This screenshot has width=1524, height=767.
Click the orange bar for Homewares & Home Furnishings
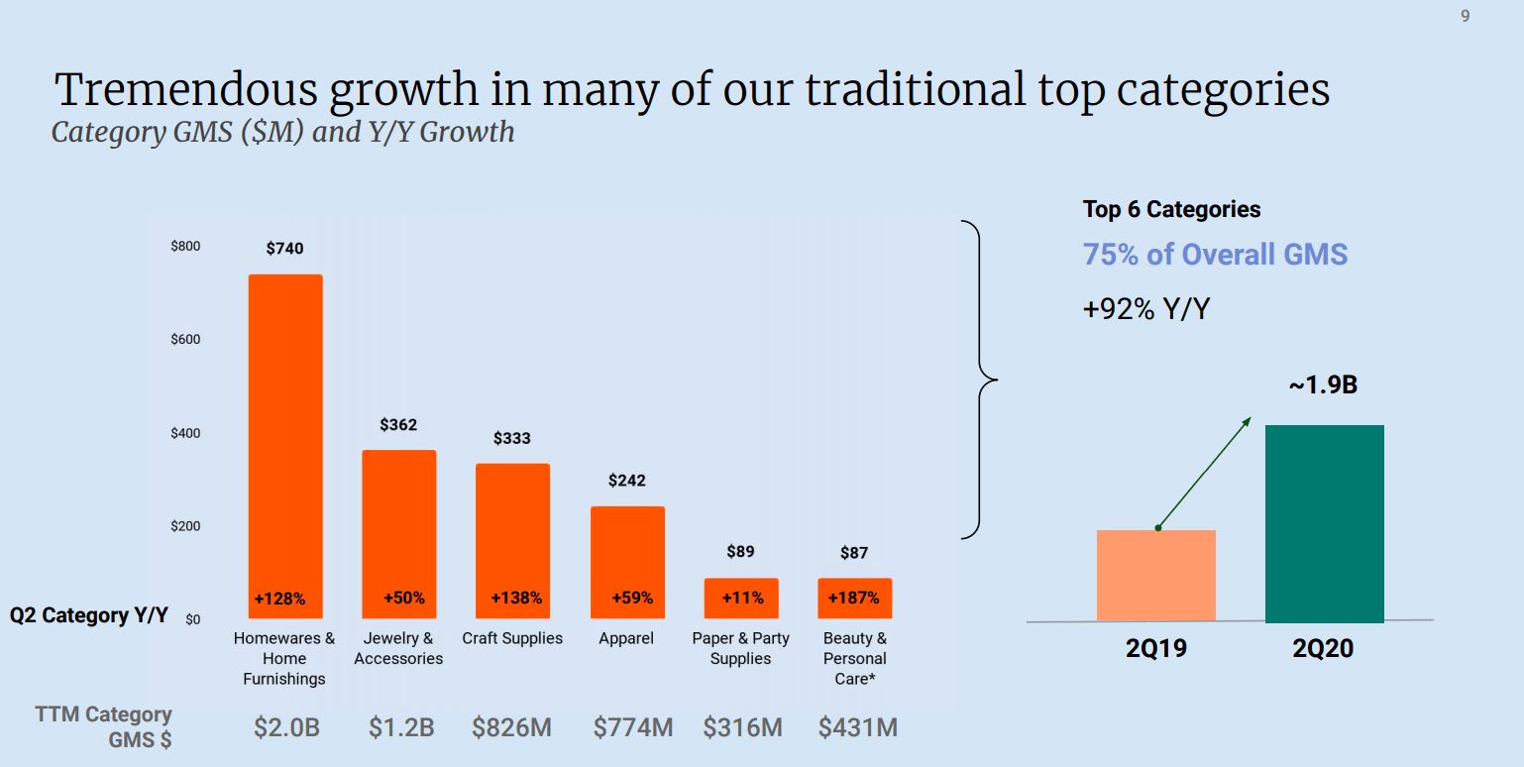click(284, 436)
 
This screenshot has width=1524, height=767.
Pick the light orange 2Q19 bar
click(1155, 576)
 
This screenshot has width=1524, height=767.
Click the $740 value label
click(284, 249)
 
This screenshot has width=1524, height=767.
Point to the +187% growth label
click(853, 599)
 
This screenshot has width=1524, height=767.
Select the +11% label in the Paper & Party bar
click(740, 599)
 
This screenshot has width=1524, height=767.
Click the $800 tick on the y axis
click(185, 246)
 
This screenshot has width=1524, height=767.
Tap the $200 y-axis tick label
click(185, 526)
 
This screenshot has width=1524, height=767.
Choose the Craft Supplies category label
click(512, 639)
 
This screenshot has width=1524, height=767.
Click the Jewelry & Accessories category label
click(398, 649)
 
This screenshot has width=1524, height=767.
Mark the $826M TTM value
click(511, 728)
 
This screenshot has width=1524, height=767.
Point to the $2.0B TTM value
click(286, 728)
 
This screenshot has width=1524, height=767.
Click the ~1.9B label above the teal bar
click(1323, 385)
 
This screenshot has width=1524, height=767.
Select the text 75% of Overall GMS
click(1215, 255)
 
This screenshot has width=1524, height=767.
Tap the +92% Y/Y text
click(1145, 309)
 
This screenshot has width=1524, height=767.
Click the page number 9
click(1466, 17)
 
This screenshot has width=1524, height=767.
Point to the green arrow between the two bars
click(1204, 474)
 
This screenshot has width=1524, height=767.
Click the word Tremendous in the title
click(186, 90)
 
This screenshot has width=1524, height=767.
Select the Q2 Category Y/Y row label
click(89, 615)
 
